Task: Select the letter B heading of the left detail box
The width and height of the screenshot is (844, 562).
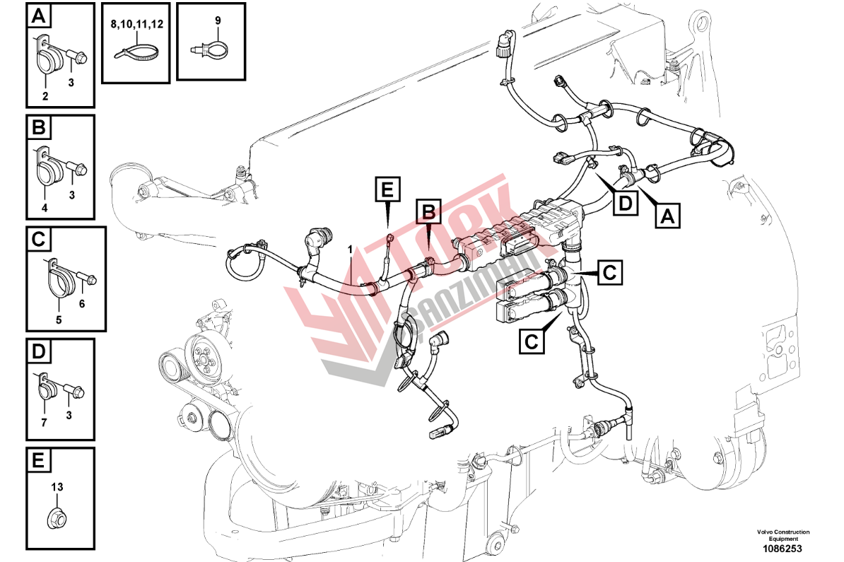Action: point(39,127)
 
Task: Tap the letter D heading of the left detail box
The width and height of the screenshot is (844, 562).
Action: point(39,351)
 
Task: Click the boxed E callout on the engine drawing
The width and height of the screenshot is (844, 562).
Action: point(387,191)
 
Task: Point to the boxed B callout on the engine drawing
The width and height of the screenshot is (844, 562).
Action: point(428,211)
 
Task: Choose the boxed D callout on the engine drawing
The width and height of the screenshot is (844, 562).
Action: point(625,203)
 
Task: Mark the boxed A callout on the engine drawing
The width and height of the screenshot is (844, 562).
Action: point(667,216)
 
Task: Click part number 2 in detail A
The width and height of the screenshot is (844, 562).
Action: point(45,96)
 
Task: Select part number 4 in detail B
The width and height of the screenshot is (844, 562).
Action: point(45,208)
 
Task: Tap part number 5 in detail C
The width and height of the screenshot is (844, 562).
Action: point(59,320)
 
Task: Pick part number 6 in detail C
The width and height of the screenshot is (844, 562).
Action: point(82,303)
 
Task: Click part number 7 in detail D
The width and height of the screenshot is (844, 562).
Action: point(44,423)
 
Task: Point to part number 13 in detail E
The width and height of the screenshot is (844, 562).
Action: point(57,486)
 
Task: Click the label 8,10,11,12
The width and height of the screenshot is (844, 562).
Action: point(136,24)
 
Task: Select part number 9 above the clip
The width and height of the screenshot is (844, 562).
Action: point(218,21)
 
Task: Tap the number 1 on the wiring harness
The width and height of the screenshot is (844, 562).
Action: point(351,250)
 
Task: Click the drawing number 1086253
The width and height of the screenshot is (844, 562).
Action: point(782,549)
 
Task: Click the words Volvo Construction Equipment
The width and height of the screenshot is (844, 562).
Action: point(783,535)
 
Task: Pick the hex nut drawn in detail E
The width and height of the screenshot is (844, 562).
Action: point(57,518)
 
